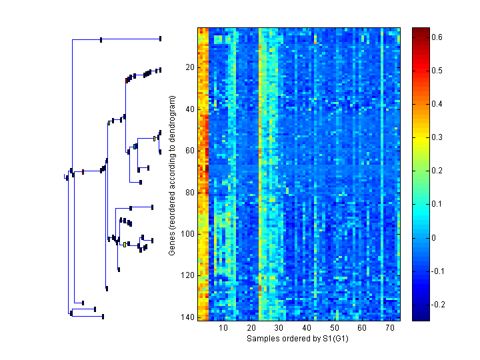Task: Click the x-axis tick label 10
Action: pyautogui.click(x=223, y=328)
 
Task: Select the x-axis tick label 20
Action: pyautogui.click(x=251, y=328)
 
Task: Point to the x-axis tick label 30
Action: pyautogui.click(x=279, y=328)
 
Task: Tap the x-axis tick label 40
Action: pyautogui.click(x=307, y=328)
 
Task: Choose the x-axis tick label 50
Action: pyautogui.click(x=334, y=328)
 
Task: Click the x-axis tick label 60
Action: pyautogui.click(x=362, y=328)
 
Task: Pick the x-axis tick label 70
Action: pyautogui.click(x=389, y=328)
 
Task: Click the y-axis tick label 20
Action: pyautogui.click(x=189, y=67)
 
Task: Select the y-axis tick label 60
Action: pyautogui.click(x=189, y=151)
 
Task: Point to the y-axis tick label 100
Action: pyautogui.click(x=187, y=234)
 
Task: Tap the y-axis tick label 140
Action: pyautogui.click(x=187, y=317)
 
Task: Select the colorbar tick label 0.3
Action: pyautogui.click(x=437, y=137)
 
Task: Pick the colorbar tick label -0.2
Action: pyautogui.click(x=439, y=305)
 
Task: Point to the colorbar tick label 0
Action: pyautogui.click(x=434, y=238)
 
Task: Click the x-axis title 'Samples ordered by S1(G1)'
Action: pyautogui.click(x=298, y=339)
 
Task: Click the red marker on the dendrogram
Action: pyautogui.click(x=83, y=172)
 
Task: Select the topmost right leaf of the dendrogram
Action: pyautogui.click(x=161, y=39)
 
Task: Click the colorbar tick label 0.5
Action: pyautogui.click(x=437, y=70)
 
